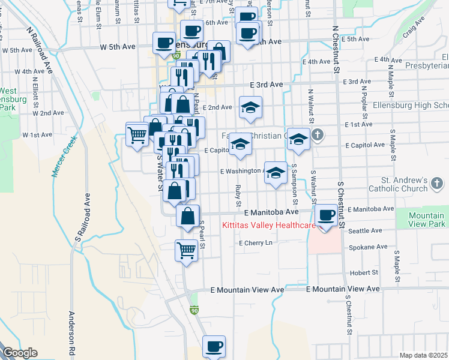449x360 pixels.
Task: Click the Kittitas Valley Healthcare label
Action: pos(269,226)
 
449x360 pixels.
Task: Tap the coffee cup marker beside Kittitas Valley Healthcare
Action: pos(326,215)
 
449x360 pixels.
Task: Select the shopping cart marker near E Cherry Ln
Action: pos(186,250)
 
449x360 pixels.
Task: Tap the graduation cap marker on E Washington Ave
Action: pos(276,173)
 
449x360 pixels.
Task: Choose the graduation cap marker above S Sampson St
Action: pos(298,139)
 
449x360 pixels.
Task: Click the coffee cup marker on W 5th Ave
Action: pos(164,42)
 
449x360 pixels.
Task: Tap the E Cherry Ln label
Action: pos(256,243)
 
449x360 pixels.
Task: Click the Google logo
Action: pos(20,353)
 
